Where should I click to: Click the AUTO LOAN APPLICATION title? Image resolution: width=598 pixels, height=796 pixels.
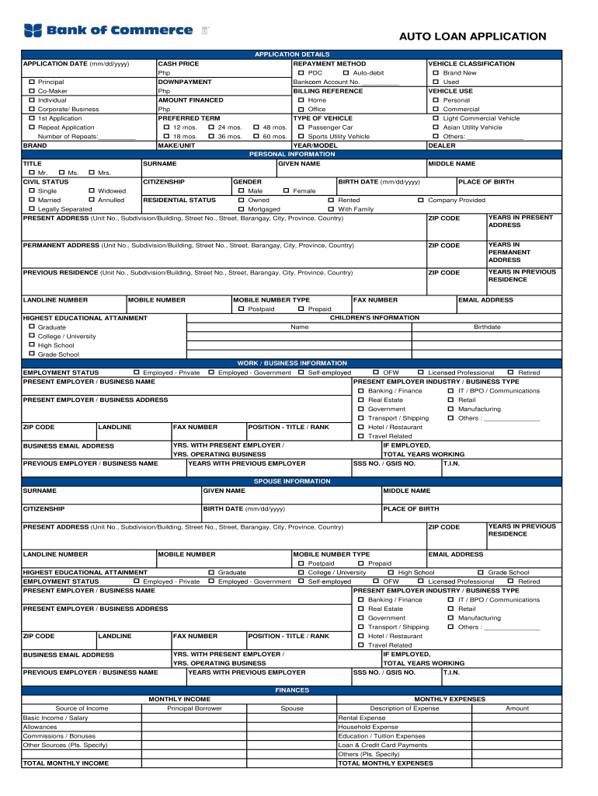[472, 37]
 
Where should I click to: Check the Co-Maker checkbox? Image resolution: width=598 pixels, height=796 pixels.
[32, 91]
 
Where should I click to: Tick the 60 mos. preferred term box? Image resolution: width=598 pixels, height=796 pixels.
[257, 136]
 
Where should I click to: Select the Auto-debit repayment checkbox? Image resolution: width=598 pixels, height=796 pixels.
[346, 73]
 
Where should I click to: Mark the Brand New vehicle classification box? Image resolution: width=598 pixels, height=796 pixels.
[436, 73]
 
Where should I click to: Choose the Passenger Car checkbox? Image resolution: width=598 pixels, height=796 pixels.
[301, 127]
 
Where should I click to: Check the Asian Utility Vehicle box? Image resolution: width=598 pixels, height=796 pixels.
[436, 127]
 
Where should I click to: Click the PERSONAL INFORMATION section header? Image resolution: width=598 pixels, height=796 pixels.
[292, 155]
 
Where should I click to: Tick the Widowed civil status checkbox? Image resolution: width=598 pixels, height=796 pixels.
[92, 191]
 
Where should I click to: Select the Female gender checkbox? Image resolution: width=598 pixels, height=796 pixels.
[286, 191]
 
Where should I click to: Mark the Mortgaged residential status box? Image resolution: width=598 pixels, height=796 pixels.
[241, 209]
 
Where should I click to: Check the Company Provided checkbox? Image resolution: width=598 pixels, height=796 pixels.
[421, 200]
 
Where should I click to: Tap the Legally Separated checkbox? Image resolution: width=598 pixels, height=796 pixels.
[32, 209]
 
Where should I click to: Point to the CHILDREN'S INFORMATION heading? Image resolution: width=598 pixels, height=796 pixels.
[375, 318]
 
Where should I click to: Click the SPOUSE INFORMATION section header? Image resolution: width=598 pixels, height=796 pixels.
[292, 482]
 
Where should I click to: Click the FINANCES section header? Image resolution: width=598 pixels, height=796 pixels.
[292, 690]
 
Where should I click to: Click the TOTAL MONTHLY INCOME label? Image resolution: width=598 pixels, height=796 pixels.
[66, 763]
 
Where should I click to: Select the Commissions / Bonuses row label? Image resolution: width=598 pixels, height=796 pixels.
[59, 736]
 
